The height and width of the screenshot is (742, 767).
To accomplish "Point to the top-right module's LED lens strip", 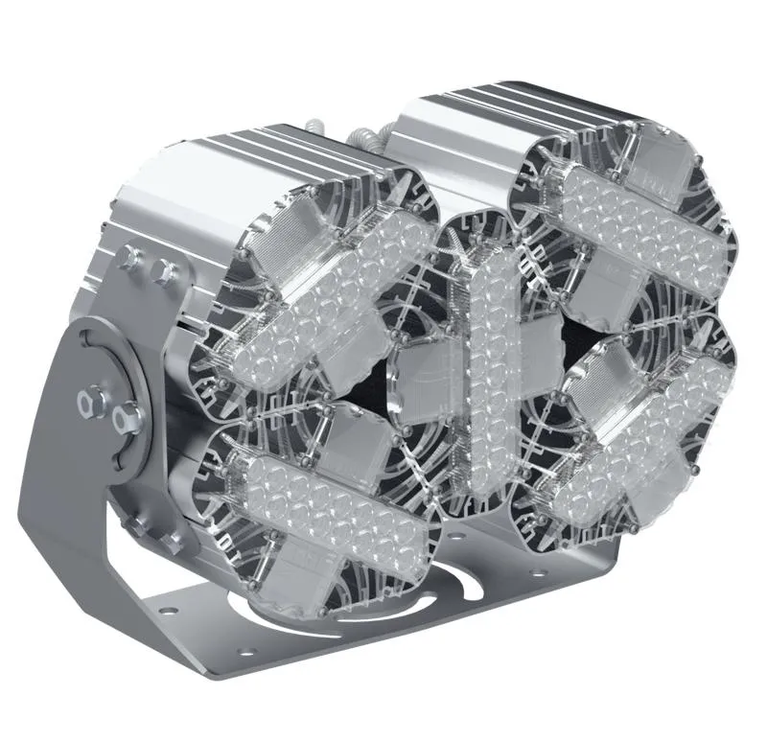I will click(640, 222).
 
